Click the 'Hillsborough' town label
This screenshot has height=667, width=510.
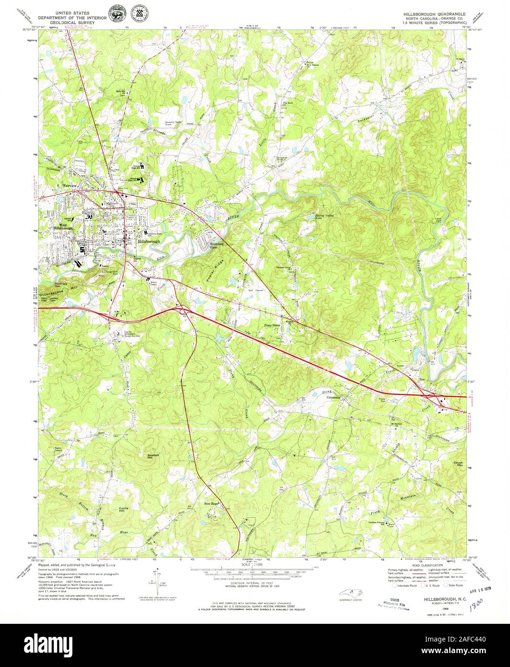click(x=149, y=241)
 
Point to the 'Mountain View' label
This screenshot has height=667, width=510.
click(x=217, y=246)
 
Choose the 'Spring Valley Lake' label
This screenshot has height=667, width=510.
click(x=324, y=217)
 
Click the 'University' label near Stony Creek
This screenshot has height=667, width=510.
click(x=334, y=397)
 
